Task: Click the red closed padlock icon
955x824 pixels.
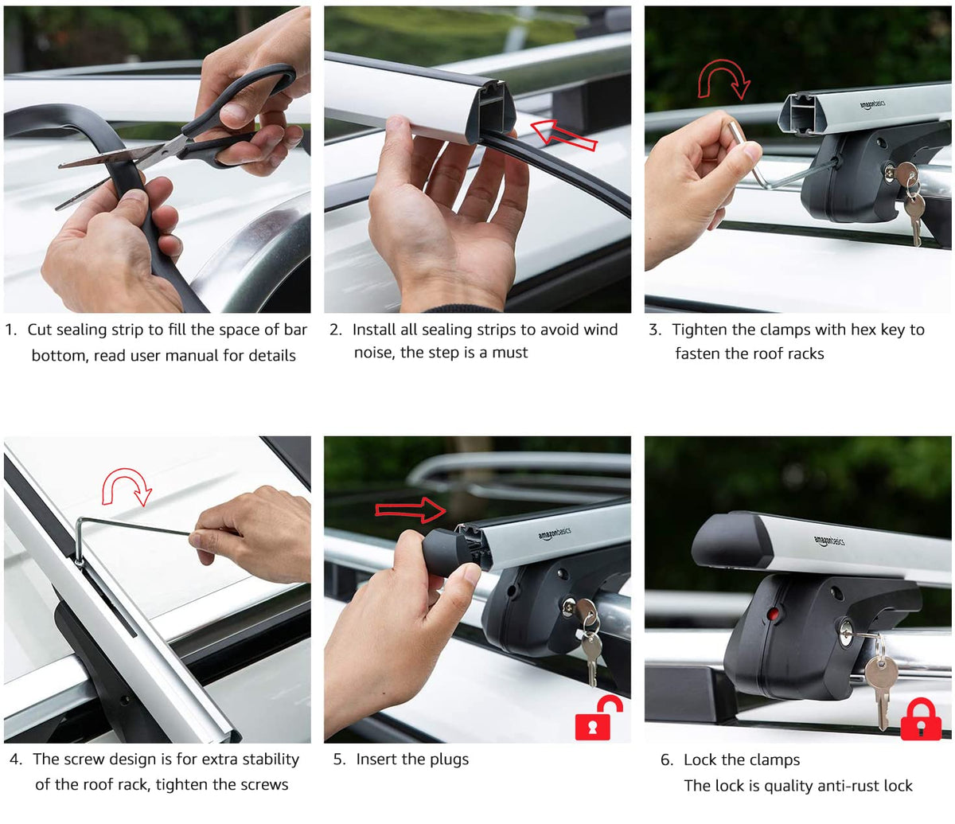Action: pyautogui.click(x=920, y=720)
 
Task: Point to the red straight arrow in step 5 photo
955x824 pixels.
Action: pyautogui.click(x=411, y=510)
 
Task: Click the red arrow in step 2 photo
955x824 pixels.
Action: pyautogui.click(x=563, y=135)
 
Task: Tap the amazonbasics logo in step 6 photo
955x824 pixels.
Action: pyautogui.click(x=829, y=541)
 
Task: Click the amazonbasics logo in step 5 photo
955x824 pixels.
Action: pyautogui.click(x=555, y=533)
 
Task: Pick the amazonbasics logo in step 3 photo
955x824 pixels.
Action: pyautogui.click(x=872, y=104)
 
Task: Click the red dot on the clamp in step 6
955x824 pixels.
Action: pyautogui.click(x=773, y=614)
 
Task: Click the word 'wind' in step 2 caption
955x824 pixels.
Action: pyautogui.click(x=600, y=330)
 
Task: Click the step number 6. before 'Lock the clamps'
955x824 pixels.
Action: pyautogui.click(x=667, y=760)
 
